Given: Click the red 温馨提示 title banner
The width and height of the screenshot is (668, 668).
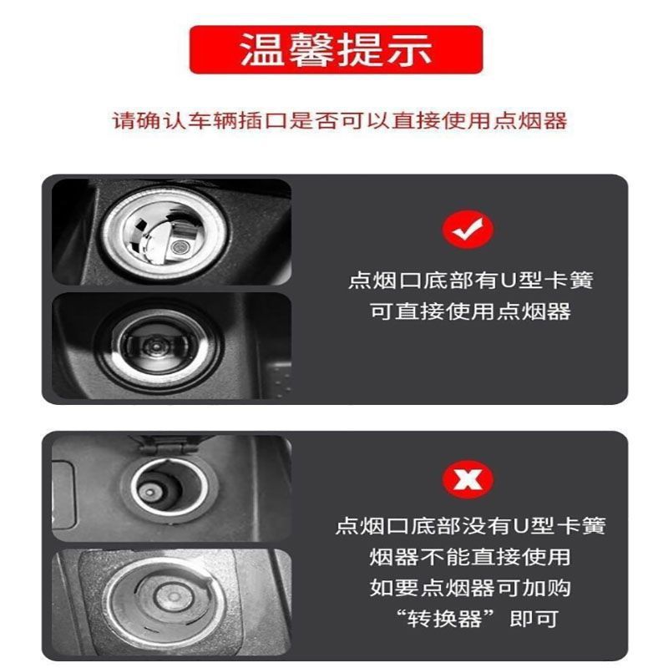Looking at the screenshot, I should point(336,50).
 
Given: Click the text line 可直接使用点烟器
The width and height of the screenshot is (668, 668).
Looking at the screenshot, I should point(470,311).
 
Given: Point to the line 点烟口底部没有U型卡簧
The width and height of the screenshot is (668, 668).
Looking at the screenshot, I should point(470,525).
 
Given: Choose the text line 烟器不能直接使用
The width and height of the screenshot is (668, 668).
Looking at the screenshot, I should point(470,556).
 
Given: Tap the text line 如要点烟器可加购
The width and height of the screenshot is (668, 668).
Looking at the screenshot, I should point(470,587).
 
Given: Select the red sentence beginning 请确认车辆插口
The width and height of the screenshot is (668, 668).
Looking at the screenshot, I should point(340,120).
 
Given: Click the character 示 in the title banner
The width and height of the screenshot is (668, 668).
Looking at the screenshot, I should point(410,50).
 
